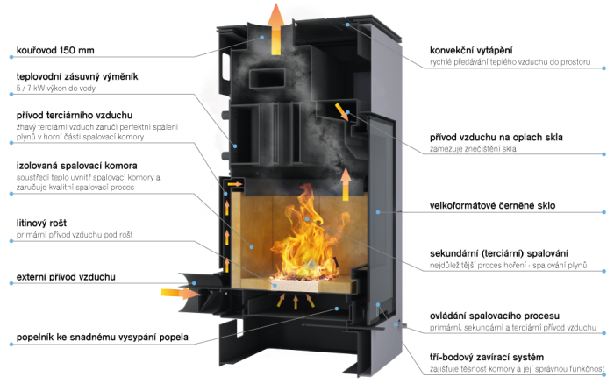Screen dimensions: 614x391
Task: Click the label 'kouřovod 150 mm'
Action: [x=55, y=51]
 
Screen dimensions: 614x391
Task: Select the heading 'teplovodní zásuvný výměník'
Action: [x=77, y=76]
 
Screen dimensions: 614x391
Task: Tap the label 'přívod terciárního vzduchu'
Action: [x=75, y=115]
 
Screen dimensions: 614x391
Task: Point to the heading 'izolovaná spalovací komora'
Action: [x=77, y=166]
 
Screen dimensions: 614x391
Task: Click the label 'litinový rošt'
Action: [x=41, y=223]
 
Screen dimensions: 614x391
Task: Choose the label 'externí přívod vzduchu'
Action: [x=66, y=277]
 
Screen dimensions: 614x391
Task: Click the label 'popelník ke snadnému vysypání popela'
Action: [x=103, y=337]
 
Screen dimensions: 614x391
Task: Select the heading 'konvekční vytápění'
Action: [x=471, y=51]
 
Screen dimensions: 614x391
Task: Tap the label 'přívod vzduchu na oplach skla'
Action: [x=496, y=138]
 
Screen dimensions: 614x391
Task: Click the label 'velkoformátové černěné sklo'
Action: [x=493, y=205]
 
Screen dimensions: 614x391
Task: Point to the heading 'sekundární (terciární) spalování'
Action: [x=499, y=253]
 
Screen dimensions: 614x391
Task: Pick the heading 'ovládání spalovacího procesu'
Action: [x=495, y=316]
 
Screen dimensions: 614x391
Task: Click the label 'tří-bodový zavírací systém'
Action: [x=487, y=358]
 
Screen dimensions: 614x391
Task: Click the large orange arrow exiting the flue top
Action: [x=276, y=29]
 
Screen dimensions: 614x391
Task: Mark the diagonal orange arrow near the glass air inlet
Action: [x=339, y=111]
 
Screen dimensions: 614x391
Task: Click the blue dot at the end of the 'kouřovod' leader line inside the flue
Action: [x=262, y=37]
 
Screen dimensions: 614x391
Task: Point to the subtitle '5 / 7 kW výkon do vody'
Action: [x=56, y=89]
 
